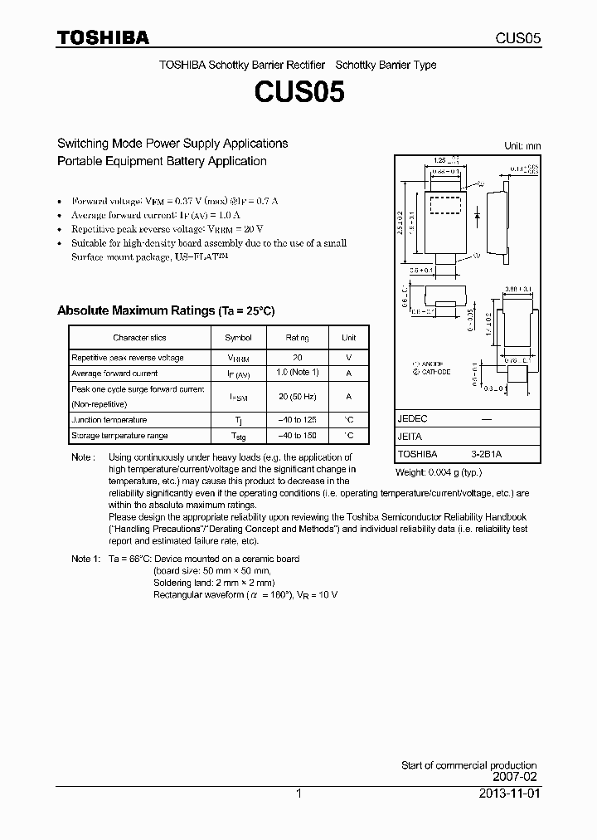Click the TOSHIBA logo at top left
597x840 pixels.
(103, 38)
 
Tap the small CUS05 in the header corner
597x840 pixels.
(518, 39)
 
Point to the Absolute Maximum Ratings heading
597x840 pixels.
(165, 310)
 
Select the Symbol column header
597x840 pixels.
(238, 338)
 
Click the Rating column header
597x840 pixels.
(297, 338)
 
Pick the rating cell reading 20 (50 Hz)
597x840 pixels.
(297, 396)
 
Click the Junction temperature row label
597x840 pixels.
(109, 420)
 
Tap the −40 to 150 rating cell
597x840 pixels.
(297, 436)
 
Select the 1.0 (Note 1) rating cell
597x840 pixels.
(297, 373)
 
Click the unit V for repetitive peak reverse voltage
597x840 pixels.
(348, 358)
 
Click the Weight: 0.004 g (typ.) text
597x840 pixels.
(439, 472)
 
